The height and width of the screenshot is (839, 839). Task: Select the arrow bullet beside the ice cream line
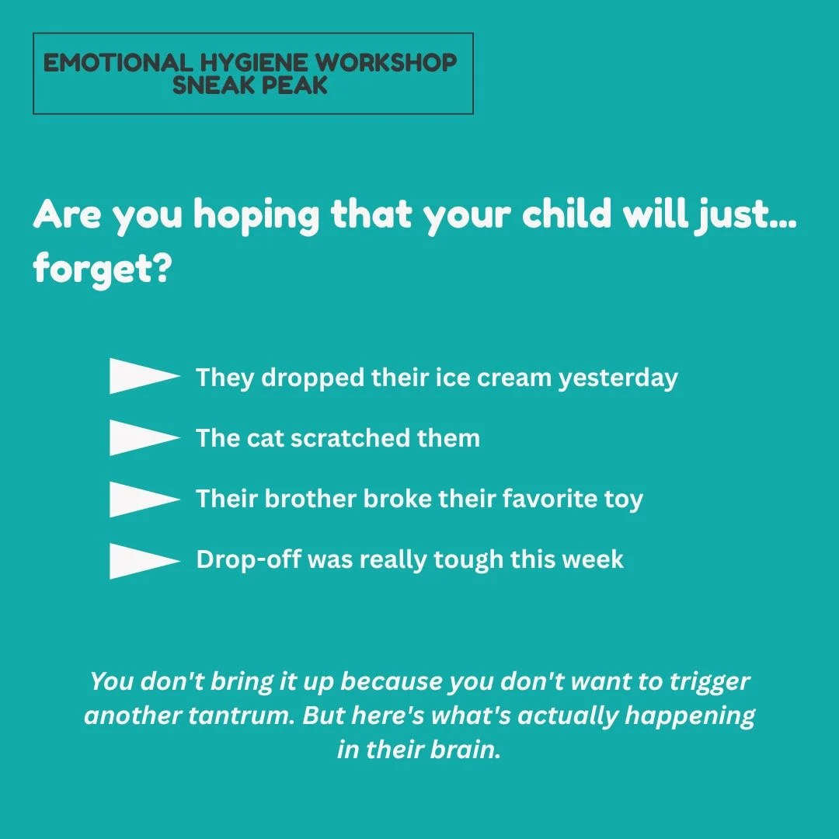click(144, 377)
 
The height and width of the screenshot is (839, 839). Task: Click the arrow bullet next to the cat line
click(144, 437)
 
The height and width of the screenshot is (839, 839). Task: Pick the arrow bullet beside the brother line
click(144, 499)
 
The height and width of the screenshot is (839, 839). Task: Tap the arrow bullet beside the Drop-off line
click(144, 560)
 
